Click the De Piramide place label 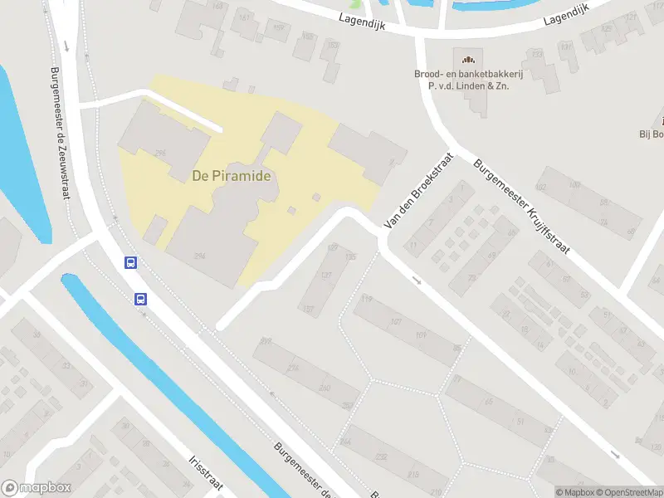coord(232,176)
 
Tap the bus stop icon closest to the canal coord(141,299)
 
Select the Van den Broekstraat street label coord(419,190)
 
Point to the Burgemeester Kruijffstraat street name coord(521,207)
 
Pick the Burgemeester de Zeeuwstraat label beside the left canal coord(61,133)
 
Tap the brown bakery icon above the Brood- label coord(467,59)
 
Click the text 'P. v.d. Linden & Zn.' coord(462,85)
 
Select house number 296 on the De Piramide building coord(160,153)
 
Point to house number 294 coord(200,256)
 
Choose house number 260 coord(325,388)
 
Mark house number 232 coord(381,456)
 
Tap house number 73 coord(472,278)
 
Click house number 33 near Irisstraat coord(37,335)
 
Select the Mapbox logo coord(37,487)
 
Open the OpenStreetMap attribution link coord(628,492)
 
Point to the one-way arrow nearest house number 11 coord(416,281)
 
